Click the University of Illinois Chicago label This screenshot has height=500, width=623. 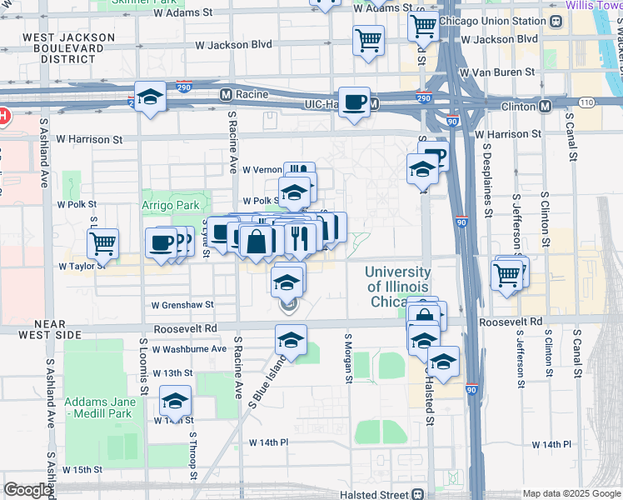(398, 287)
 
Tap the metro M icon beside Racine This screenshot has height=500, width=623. (225, 95)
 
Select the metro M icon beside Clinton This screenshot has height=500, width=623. (545, 107)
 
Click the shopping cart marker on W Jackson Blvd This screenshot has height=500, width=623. (368, 40)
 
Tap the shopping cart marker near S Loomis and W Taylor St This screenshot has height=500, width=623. (103, 244)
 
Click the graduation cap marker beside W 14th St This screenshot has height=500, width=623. (175, 402)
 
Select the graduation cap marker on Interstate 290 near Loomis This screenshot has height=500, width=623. (150, 97)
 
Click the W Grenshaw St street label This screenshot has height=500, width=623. (182, 305)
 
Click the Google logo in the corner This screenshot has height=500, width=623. (28, 490)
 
